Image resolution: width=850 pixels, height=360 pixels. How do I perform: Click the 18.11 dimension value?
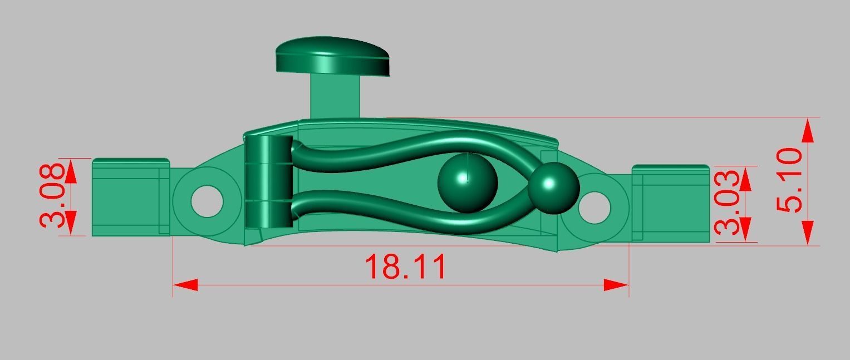[406, 267]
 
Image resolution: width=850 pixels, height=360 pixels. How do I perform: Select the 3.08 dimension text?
[54, 196]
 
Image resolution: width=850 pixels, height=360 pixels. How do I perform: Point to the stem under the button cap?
[335, 97]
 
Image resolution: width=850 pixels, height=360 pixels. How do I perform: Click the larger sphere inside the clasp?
[468, 183]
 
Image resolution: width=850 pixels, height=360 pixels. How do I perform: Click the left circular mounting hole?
[207, 201]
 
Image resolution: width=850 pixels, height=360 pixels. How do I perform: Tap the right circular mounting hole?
[594, 207]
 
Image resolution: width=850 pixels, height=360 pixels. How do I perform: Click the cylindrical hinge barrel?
[269, 182]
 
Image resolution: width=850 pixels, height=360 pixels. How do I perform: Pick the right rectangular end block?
[671, 204]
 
